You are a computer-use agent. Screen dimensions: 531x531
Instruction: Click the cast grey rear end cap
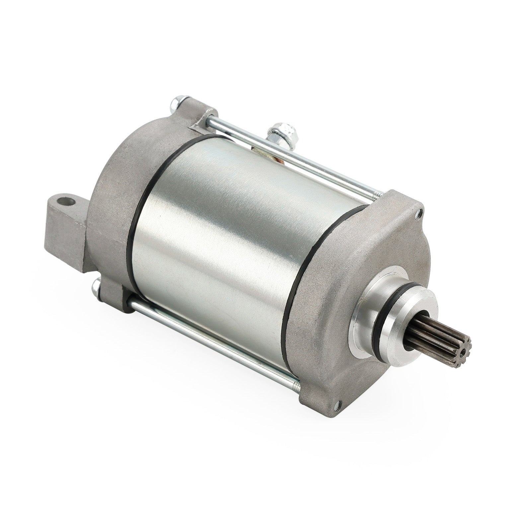(106, 199)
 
